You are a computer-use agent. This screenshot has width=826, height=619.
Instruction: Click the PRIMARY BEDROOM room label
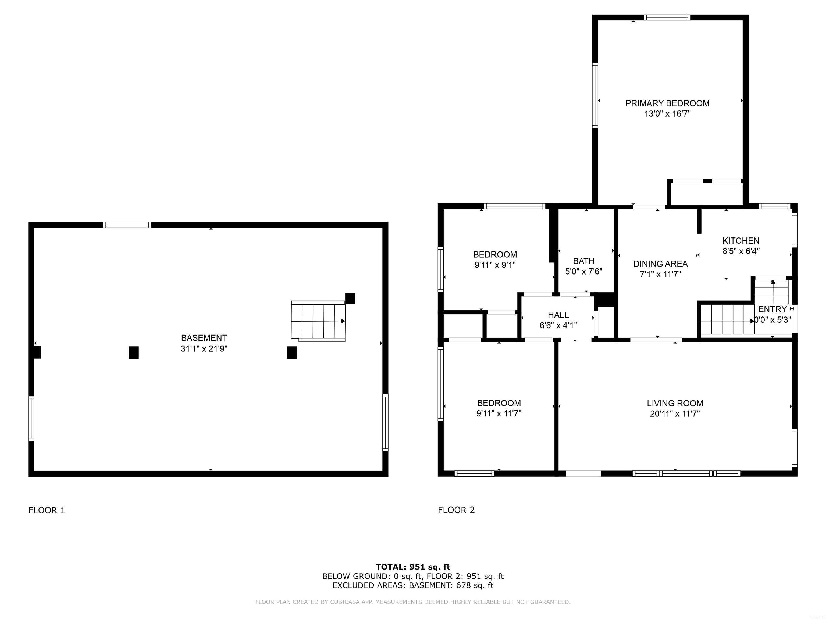(x=667, y=103)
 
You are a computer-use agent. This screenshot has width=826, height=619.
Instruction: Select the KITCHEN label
(x=741, y=241)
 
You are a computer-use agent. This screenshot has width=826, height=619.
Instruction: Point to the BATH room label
(x=584, y=261)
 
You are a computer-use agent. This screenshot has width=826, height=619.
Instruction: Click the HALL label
(x=558, y=315)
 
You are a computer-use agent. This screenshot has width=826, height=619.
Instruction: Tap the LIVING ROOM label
(x=675, y=403)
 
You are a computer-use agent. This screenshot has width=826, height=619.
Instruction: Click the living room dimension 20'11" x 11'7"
(x=675, y=414)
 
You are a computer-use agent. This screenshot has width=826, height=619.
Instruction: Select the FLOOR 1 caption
(x=47, y=510)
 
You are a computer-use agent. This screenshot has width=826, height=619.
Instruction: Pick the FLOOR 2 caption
(x=456, y=510)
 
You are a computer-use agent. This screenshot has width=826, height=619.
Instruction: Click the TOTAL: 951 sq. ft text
(x=413, y=567)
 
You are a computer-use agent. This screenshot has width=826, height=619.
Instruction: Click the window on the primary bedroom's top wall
(x=667, y=17)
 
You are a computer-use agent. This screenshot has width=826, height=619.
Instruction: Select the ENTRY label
(x=772, y=309)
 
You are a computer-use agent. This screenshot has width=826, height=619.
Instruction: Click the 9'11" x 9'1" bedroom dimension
(x=495, y=265)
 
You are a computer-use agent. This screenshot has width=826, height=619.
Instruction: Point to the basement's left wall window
(x=31, y=418)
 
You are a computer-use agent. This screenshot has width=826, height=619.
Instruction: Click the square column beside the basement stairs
(x=350, y=298)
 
